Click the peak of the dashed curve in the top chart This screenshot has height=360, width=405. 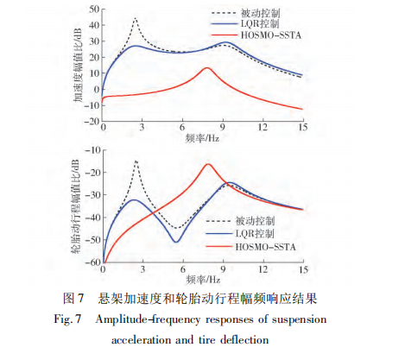point(136,18)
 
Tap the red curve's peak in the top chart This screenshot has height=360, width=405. point(207,68)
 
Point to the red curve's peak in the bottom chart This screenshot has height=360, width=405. point(208,164)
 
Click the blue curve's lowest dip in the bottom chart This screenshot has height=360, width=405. point(176,242)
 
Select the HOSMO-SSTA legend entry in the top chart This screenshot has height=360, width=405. point(256,35)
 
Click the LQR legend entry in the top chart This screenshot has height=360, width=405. point(245,24)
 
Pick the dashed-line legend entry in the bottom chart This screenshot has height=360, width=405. point(240,221)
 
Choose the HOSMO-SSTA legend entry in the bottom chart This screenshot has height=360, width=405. point(250,247)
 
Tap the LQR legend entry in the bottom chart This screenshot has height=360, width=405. point(240,233)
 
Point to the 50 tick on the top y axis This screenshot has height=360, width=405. point(94,9)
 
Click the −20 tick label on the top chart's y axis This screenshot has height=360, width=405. point(92,121)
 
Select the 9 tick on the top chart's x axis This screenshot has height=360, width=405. point(223,127)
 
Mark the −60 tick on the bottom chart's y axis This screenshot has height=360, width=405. point(92,262)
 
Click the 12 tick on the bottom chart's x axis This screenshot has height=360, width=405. point(263,269)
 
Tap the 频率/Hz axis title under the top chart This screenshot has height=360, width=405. point(202,138)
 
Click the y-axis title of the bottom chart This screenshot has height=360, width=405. point(75,205)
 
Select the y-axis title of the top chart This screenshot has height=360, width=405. point(77,65)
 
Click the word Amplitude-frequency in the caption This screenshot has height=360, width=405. point(148,319)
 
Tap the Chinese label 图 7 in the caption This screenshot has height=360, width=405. point(73,298)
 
